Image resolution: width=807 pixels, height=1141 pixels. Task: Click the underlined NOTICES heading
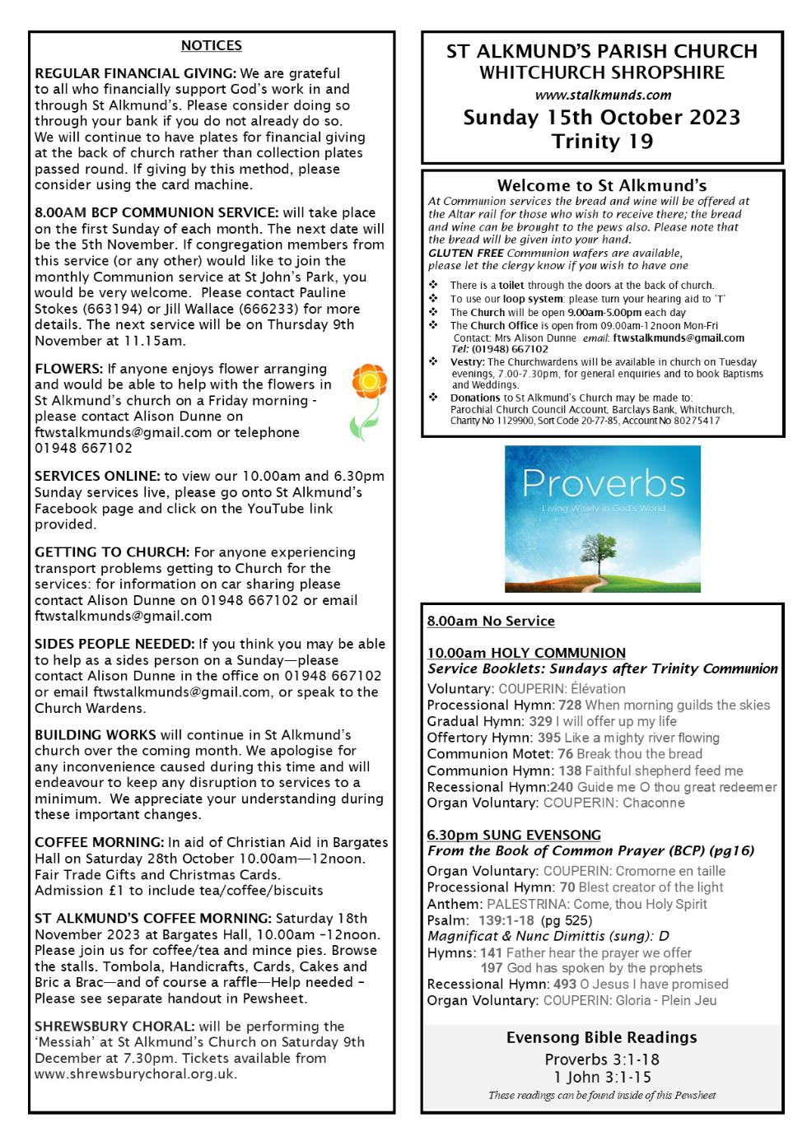[x=211, y=45]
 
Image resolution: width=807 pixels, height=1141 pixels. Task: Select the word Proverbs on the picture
[x=603, y=483]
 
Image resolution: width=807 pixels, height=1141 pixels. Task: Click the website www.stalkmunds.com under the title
[x=603, y=95]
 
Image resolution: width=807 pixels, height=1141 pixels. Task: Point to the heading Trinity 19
[x=603, y=141]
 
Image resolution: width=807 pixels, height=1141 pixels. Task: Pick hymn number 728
[x=570, y=706]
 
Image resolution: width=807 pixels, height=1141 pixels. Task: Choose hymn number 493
[x=565, y=984]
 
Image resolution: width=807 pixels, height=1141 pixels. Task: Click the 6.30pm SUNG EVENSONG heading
[x=514, y=835]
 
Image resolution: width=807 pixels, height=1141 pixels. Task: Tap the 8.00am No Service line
[x=491, y=622]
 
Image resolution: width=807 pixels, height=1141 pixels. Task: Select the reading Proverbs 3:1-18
[x=602, y=1059]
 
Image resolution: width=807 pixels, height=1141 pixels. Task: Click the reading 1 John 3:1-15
[x=602, y=1077]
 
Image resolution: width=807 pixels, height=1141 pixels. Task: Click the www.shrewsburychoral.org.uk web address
[x=136, y=1074]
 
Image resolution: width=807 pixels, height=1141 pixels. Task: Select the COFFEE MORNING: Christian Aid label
[x=99, y=842]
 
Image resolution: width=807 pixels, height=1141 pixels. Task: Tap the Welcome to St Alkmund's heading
[x=602, y=186]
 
